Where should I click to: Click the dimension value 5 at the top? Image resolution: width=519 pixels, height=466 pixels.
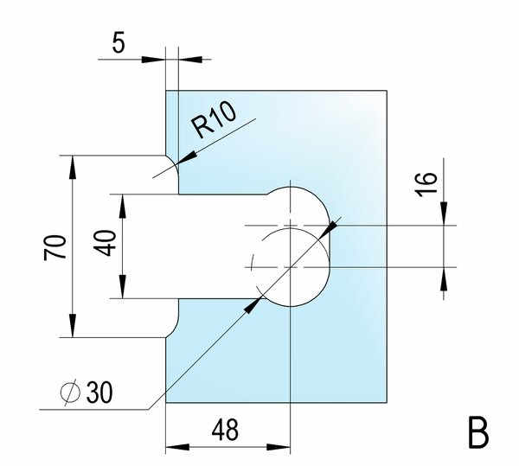point(119,42)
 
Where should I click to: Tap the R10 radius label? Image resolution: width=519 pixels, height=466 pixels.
point(215,119)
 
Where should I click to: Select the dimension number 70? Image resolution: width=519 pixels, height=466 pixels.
point(55,247)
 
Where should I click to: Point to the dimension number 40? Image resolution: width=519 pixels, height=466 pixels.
point(107,243)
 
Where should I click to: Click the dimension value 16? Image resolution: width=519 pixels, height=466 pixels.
point(426,184)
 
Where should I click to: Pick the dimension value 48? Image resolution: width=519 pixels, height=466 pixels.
point(225,430)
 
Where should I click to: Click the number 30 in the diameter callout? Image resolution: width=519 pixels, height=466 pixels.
point(99,392)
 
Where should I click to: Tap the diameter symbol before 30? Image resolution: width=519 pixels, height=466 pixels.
point(70,392)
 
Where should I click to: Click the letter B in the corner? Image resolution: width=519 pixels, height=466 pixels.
point(478,433)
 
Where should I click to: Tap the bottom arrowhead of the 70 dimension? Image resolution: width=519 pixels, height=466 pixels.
point(73,326)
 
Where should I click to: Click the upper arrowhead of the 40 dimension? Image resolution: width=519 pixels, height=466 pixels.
point(123,206)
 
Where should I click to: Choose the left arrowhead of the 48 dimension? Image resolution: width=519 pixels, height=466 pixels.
point(177,447)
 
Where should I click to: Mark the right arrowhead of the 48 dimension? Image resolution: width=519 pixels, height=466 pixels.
point(279,447)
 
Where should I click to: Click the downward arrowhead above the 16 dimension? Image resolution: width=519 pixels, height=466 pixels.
point(445,214)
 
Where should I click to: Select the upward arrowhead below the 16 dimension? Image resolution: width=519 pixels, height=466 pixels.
point(445,279)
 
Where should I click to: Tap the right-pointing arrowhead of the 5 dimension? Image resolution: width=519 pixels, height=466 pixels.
point(154,60)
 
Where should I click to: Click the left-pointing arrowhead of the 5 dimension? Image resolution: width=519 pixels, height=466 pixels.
point(190,60)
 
